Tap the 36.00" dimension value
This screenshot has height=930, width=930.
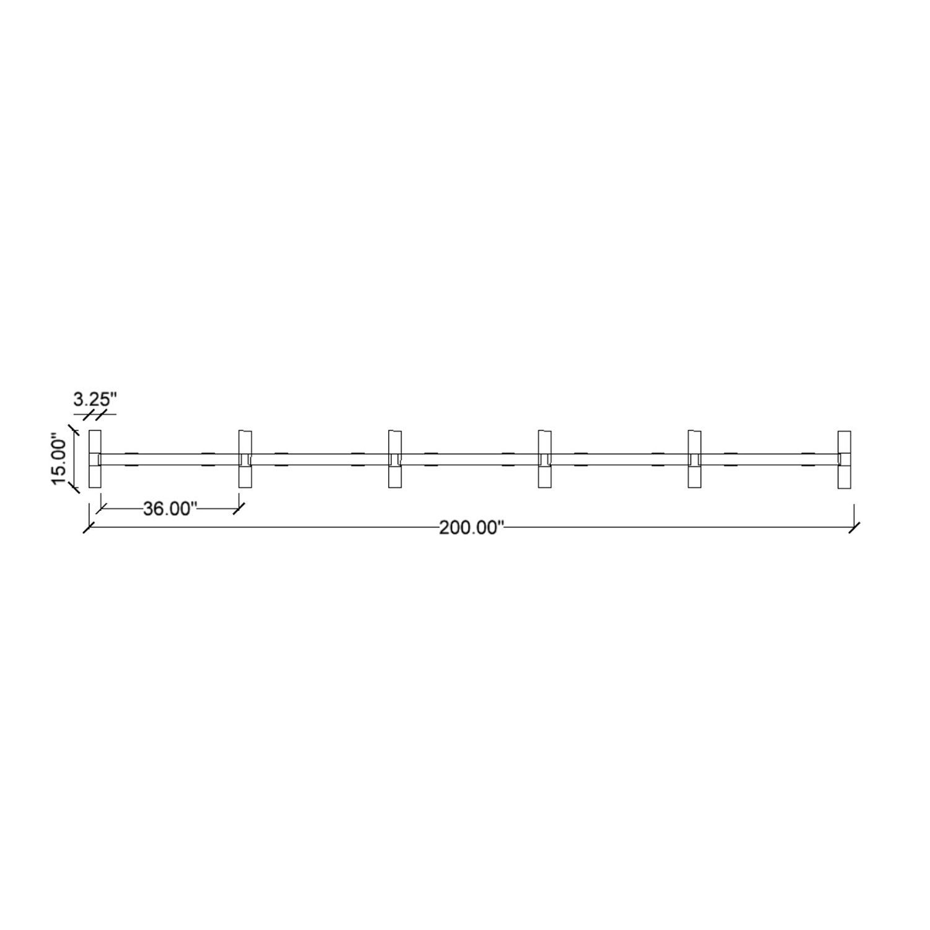pyautogui.click(x=170, y=508)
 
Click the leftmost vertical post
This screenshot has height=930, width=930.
pyautogui.click(x=95, y=459)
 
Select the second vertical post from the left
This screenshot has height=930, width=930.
pyautogui.click(x=246, y=459)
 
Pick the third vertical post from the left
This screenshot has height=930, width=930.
pyautogui.click(x=396, y=459)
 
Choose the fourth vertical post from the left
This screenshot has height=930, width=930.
pyautogui.click(x=545, y=459)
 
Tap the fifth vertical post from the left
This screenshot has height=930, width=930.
pyautogui.click(x=695, y=459)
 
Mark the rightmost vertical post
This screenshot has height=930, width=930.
pyautogui.click(x=844, y=459)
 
